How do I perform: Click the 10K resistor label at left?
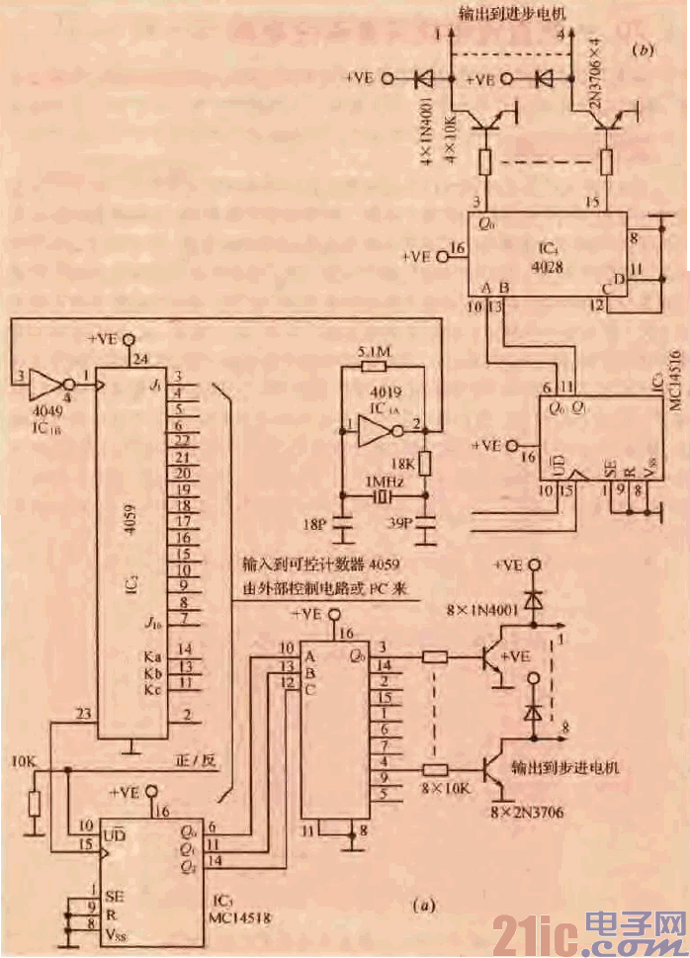point(24,762)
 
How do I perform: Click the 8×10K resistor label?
point(444,790)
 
